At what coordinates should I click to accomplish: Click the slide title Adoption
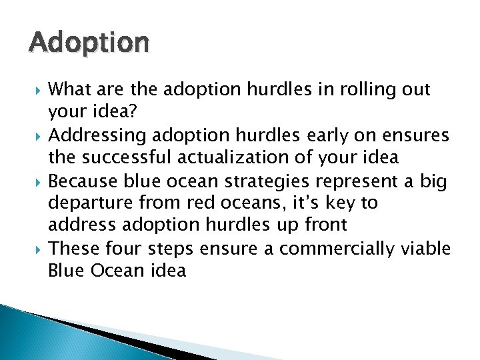coord(89,43)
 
